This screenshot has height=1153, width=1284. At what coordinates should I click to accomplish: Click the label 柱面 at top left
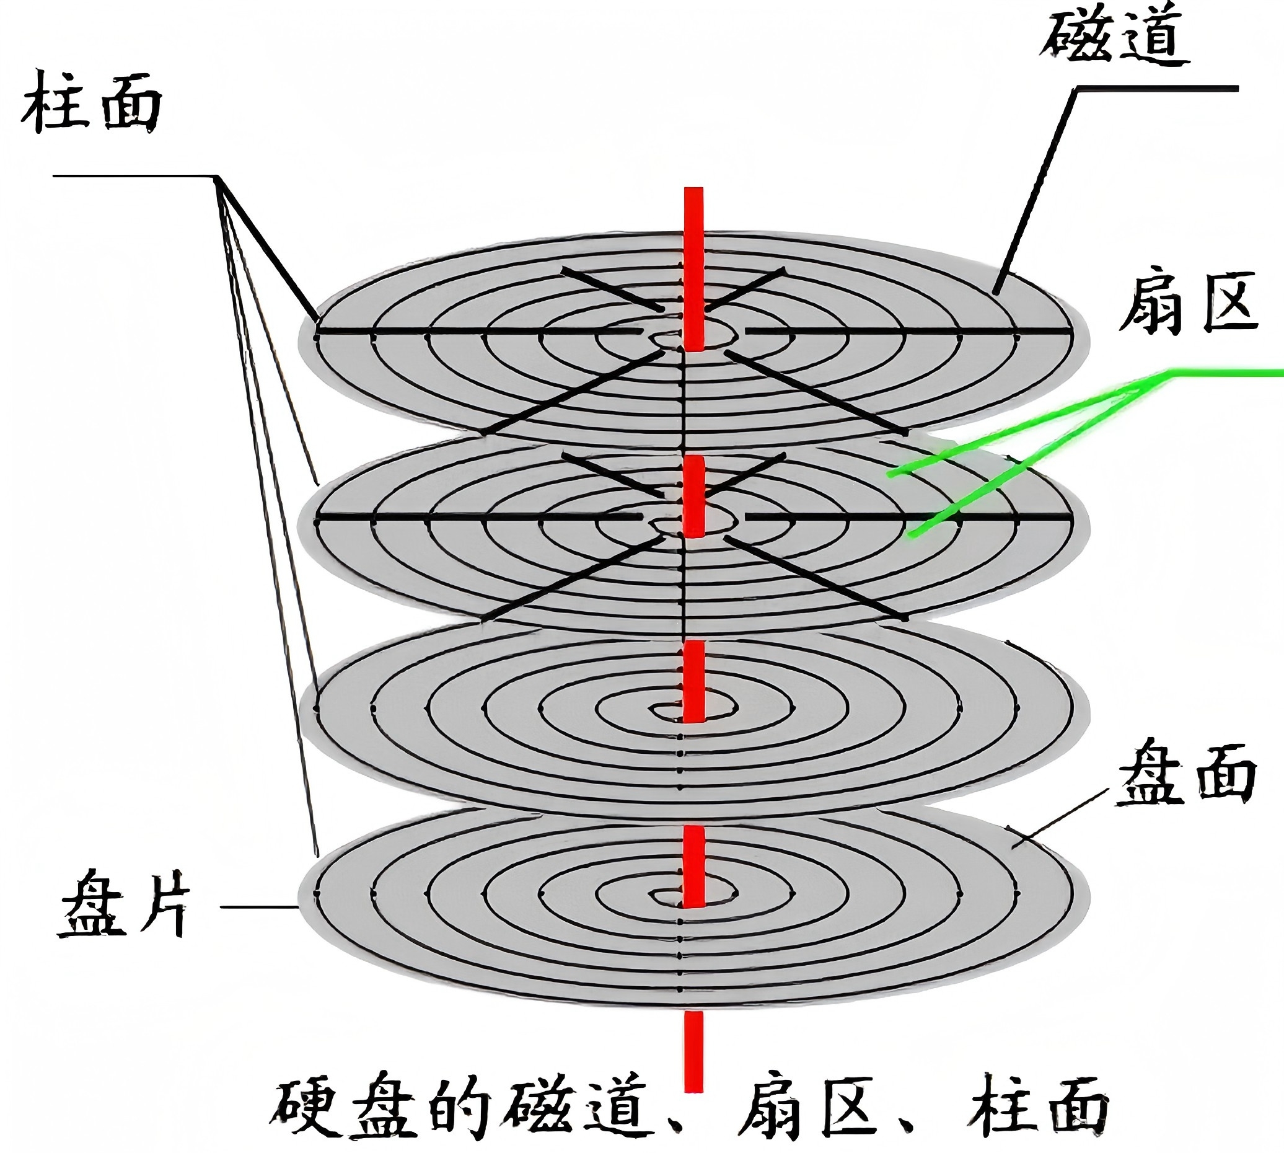(92, 102)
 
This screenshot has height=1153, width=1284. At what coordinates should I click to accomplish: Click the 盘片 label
(124, 903)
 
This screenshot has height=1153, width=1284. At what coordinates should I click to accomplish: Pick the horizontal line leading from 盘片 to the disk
(260, 906)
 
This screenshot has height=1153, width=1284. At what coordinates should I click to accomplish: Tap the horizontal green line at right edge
(1223, 374)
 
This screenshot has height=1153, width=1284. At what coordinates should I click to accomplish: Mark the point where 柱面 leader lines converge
(218, 177)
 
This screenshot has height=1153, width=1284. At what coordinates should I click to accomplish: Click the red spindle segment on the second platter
(694, 497)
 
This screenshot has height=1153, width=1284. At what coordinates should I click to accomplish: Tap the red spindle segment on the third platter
(694, 681)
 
